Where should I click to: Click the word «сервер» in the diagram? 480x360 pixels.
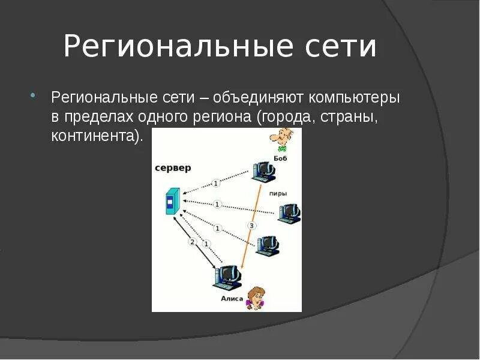[173, 168]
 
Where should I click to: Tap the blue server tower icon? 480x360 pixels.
[173, 201]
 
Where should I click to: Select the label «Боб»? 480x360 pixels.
[280, 158]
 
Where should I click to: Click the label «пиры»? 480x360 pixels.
[278, 193]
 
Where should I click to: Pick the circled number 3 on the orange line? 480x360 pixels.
[252, 226]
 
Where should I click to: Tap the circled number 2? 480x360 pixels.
[193, 242]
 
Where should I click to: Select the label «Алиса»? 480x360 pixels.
[232, 298]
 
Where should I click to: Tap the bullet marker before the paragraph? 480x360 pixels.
[34, 96]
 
